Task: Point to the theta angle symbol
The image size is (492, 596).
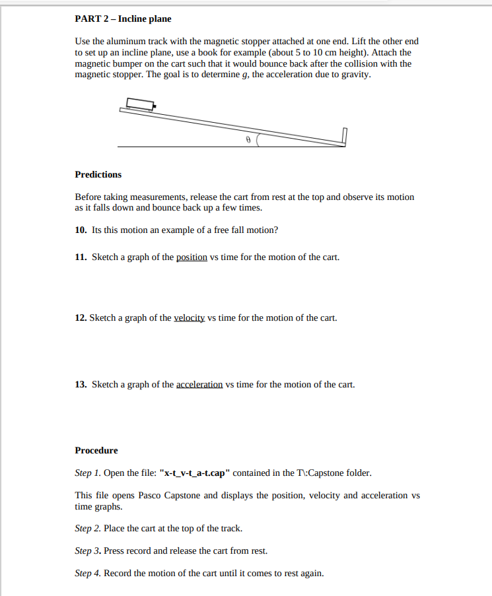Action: click(248, 140)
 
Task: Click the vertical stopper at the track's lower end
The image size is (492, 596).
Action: click(344, 136)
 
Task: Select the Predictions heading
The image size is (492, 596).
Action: click(98, 174)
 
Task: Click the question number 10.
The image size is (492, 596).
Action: click(81, 230)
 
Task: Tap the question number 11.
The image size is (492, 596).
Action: click(81, 257)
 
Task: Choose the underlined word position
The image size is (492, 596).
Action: click(192, 257)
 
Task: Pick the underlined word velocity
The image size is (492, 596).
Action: click(190, 317)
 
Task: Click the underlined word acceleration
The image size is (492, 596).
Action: click(199, 384)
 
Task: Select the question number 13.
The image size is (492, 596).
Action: click(81, 384)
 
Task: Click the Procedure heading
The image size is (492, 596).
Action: click(96, 450)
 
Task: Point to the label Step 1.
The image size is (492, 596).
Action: click(87, 473)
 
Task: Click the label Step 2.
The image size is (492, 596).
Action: click(87, 529)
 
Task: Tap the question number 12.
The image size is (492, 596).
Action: click(81, 317)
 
